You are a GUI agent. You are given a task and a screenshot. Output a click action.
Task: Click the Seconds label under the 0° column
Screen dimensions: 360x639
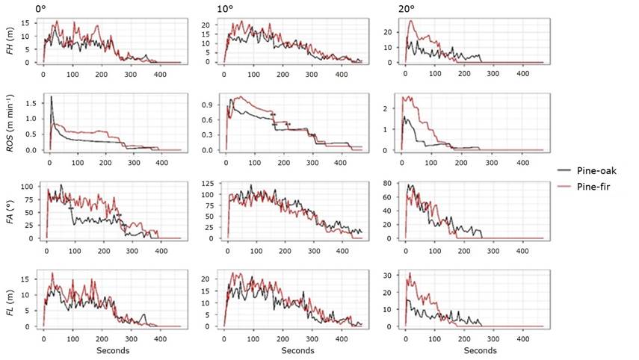[x=113, y=350]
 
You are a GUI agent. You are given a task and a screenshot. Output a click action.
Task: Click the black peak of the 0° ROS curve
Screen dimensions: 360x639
[x=51, y=96]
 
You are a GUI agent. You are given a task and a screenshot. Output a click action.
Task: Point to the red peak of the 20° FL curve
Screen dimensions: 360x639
[x=409, y=273]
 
